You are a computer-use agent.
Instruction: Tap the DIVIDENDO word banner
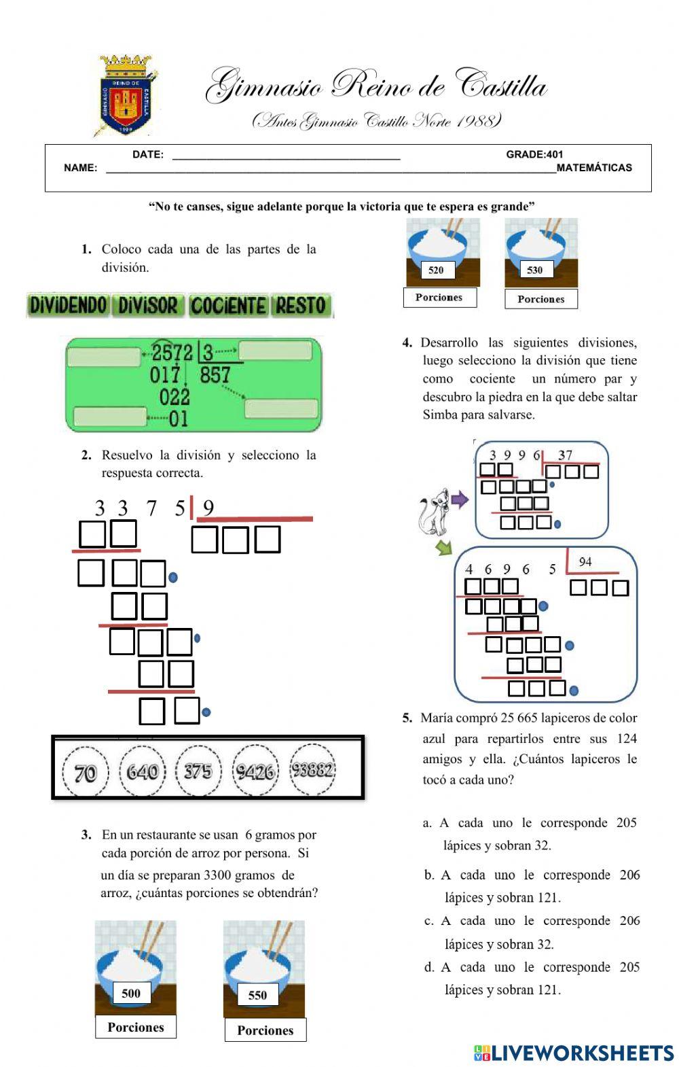tap(68, 306)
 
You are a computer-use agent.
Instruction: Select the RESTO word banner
tap(301, 306)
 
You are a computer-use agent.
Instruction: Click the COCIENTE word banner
tap(228, 306)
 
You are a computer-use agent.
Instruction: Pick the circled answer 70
tap(86, 772)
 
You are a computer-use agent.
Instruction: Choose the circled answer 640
tap(143, 771)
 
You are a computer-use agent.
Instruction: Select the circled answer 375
tap(198, 771)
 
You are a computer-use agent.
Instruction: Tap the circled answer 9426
tap(255, 771)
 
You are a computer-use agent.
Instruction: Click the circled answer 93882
tap(312, 770)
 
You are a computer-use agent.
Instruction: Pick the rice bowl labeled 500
tap(135, 968)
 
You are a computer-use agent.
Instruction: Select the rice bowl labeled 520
tap(443, 251)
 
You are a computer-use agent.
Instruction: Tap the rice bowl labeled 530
tap(541, 251)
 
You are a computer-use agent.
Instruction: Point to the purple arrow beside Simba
tap(460, 500)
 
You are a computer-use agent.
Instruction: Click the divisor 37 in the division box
tap(565, 455)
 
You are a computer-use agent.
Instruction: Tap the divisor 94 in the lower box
tap(585, 561)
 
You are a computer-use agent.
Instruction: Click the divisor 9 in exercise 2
tap(208, 508)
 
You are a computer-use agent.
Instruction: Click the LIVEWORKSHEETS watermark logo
tap(574, 1053)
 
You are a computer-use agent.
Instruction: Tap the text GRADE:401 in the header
tap(534, 154)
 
